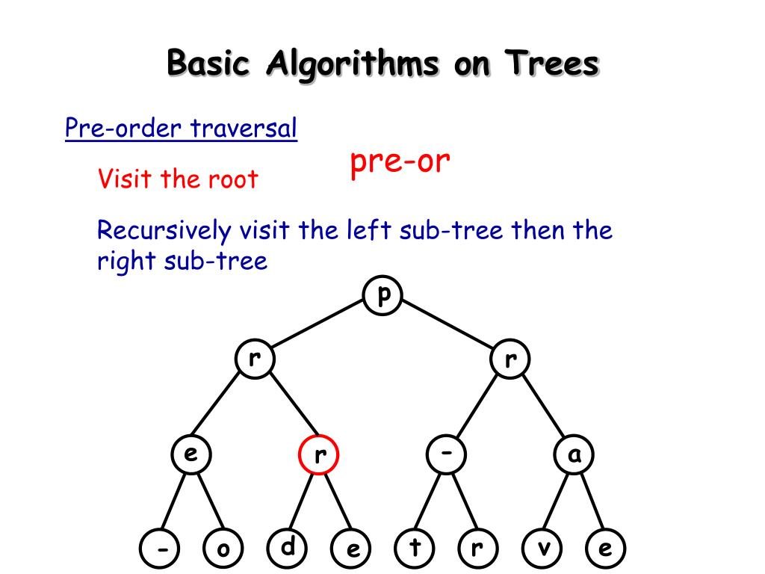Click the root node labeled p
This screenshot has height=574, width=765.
tap(383, 295)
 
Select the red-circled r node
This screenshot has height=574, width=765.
tap(319, 454)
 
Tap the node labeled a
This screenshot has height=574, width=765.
tap(574, 454)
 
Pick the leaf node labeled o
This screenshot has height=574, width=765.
tap(223, 549)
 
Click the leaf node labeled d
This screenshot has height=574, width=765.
tap(287, 548)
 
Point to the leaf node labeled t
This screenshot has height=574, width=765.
tap(415, 549)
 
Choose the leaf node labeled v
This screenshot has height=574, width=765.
tap(542, 549)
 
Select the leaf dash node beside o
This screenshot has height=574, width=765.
tap(159, 549)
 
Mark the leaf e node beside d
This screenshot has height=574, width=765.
tap(351, 549)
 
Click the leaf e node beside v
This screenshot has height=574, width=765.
tap(605, 549)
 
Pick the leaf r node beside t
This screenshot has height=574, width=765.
tap(478, 549)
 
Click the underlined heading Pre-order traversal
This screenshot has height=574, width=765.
tap(181, 129)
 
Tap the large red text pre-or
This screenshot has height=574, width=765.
tap(400, 162)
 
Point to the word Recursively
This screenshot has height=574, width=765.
tap(164, 230)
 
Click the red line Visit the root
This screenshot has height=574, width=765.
tap(178, 179)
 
